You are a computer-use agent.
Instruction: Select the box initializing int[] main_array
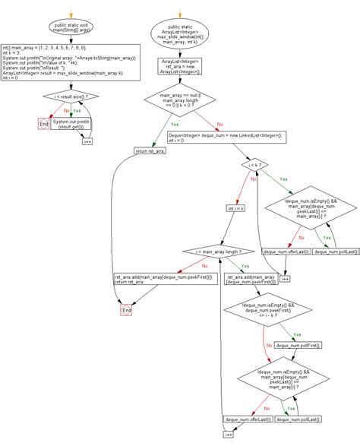tap(71, 62)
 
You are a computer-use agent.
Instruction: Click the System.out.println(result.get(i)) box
tap(73, 124)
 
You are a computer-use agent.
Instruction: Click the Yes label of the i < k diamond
tap(283, 180)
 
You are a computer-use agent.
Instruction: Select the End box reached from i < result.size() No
tap(43, 124)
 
